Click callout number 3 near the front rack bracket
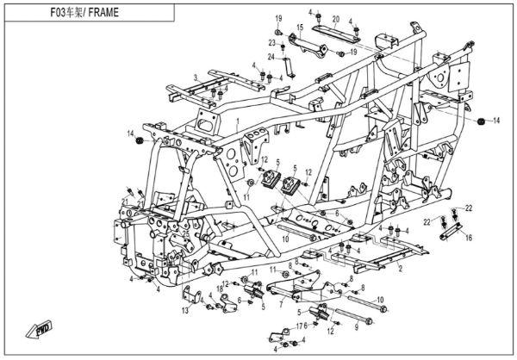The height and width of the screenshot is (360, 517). click(196, 78)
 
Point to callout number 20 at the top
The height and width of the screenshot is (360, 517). click(336, 19)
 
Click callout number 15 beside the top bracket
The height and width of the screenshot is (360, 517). click(300, 28)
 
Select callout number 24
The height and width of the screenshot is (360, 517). click(270, 58)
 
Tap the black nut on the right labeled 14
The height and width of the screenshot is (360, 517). click(481, 121)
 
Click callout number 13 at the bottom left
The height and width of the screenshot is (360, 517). click(184, 310)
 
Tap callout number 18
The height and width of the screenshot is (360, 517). click(220, 288)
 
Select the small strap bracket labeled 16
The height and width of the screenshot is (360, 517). click(452, 226)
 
